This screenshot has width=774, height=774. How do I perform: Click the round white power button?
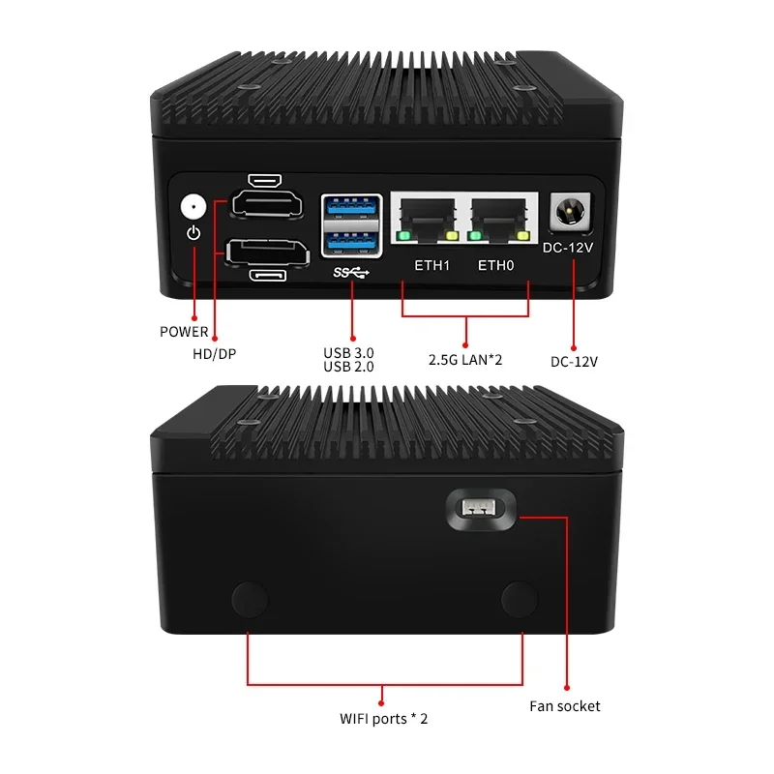193,206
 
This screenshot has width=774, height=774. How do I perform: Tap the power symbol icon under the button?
193,233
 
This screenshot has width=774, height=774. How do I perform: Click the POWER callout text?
184,332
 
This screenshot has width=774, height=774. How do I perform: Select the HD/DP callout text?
214,354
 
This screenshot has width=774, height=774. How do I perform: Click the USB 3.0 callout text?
350,352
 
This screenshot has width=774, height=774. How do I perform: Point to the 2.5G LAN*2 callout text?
465,359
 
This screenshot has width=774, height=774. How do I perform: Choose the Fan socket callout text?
565,706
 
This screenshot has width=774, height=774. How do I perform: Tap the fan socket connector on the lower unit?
480,508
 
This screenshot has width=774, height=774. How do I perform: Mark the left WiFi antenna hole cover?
250,599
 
